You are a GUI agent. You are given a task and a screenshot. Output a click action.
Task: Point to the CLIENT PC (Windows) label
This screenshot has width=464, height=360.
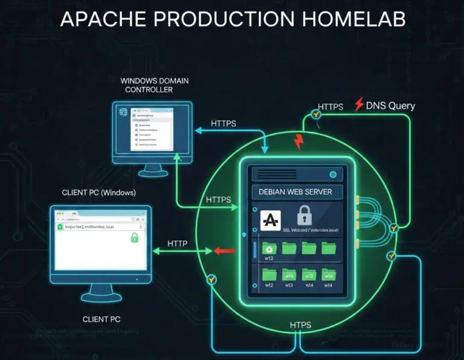(99, 193)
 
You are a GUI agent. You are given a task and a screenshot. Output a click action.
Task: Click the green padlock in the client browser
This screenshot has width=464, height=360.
(134, 238)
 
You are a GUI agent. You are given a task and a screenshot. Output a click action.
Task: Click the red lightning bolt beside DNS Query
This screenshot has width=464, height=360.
(359, 103)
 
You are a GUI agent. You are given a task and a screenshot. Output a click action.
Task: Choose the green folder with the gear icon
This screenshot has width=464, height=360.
(270, 248)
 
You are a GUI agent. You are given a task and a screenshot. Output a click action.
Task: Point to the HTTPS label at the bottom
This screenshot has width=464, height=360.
(300, 326)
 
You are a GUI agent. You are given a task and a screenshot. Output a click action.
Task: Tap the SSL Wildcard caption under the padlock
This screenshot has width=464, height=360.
(310, 230)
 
